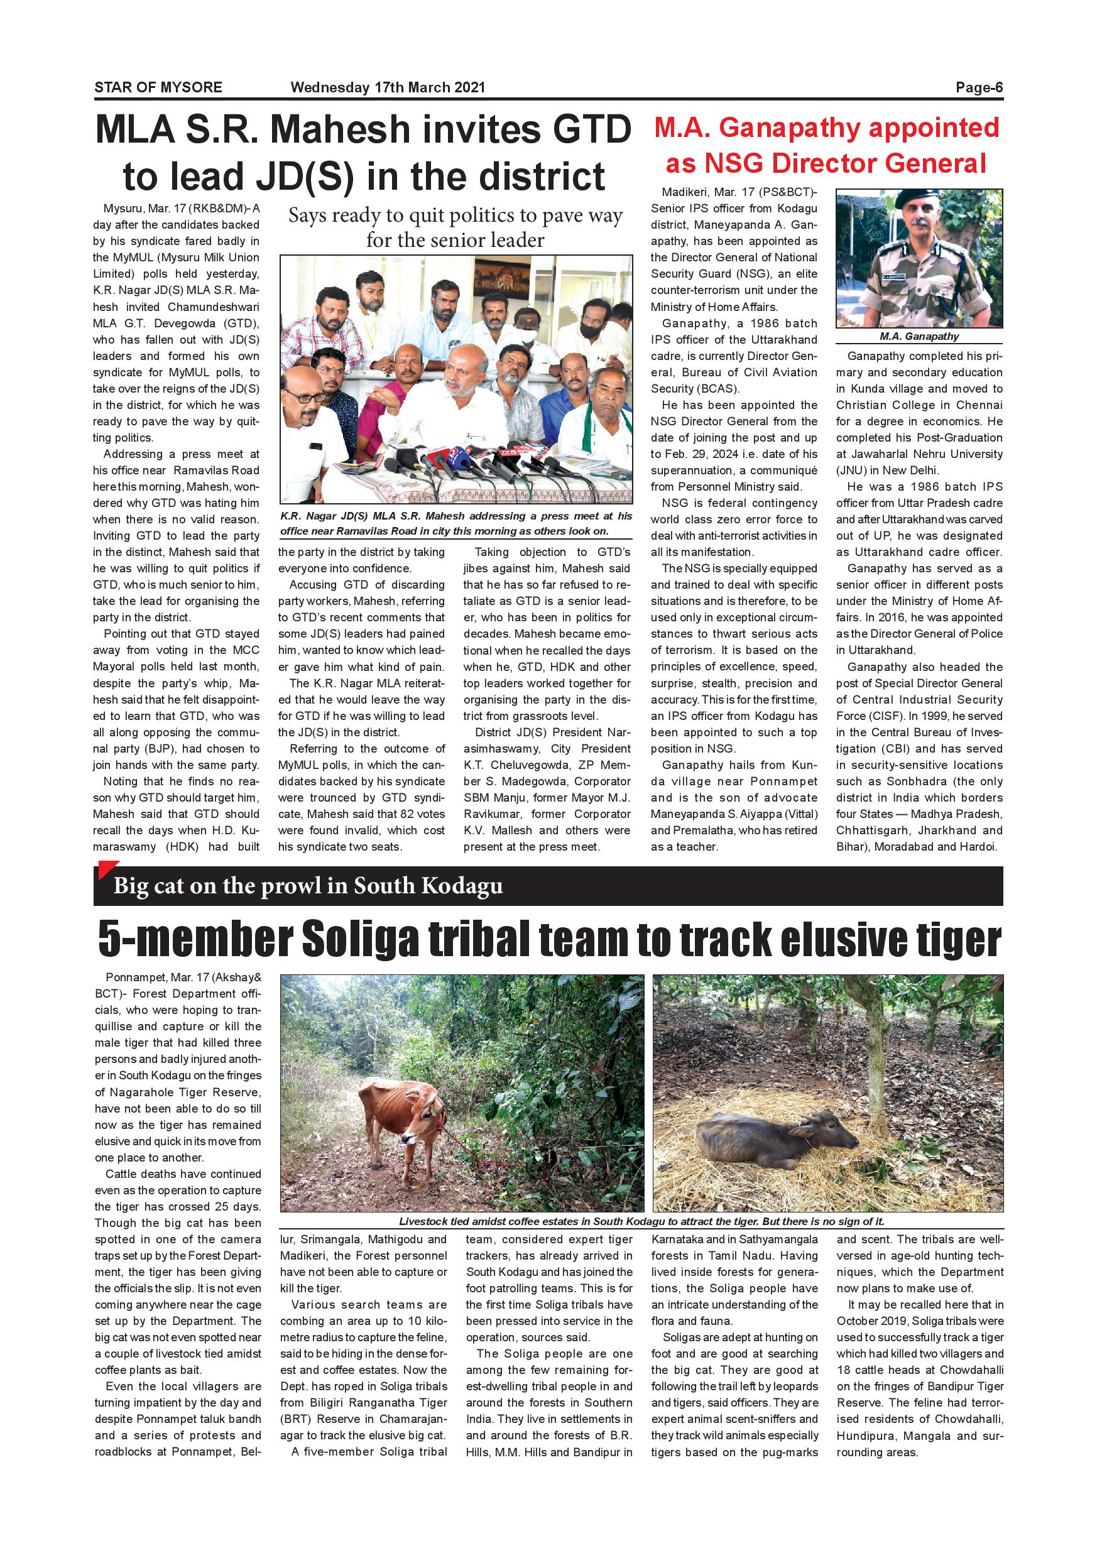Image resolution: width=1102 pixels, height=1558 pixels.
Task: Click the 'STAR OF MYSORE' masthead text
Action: [x=158, y=87]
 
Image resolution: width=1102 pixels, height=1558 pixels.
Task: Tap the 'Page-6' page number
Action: [x=978, y=87]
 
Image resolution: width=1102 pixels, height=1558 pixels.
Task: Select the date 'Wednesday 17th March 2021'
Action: [x=388, y=87]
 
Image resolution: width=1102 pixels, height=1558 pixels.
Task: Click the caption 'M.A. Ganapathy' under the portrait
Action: [x=919, y=337]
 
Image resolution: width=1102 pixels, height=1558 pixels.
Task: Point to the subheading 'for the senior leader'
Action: [x=456, y=240]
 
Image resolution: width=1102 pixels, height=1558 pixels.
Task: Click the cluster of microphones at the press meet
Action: [x=461, y=461]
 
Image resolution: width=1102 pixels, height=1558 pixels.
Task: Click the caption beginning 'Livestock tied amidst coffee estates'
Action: [x=641, y=1221]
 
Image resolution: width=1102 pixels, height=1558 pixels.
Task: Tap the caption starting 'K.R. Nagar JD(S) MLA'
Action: [x=456, y=523]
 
